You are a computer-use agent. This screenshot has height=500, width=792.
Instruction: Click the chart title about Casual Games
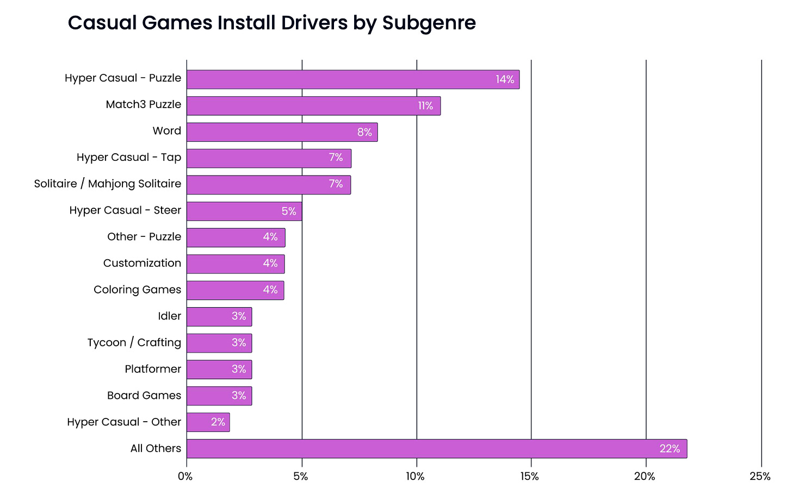pyautogui.click(x=271, y=23)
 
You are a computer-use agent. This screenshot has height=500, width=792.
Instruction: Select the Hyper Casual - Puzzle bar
pyautogui.click(x=352, y=79)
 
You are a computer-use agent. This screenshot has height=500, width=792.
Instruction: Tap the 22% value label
pyautogui.click(x=669, y=449)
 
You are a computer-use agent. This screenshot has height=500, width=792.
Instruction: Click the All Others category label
pyautogui.click(x=156, y=448)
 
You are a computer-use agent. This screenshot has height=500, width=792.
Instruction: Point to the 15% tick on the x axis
pyautogui.click(x=530, y=477)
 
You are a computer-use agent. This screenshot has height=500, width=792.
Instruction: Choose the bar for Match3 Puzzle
pyautogui.click(x=313, y=105)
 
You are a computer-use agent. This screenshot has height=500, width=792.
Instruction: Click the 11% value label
pyautogui.click(x=425, y=105)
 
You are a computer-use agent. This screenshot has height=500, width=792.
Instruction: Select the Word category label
pyautogui.click(x=166, y=131)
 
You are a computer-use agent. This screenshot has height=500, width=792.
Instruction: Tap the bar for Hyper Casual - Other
pyautogui.click(x=208, y=422)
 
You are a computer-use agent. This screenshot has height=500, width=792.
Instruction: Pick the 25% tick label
pyautogui.click(x=760, y=477)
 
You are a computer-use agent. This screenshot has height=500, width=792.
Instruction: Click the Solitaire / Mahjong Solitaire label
pyautogui.click(x=108, y=184)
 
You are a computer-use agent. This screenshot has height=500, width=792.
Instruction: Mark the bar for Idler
pyautogui.click(x=219, y=316)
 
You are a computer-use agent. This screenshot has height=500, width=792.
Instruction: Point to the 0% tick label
pyautogui.click(x=185, y=477)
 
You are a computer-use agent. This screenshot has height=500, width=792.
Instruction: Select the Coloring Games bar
pyautogui.click(x=235, y=290)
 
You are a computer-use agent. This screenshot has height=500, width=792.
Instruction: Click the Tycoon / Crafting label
pyautogui.click(x=134, y=342)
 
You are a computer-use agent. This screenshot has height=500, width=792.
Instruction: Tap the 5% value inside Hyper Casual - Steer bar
pyautogui.click(x=289, y=211)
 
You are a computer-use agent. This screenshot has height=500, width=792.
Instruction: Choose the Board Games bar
pyautogui.click(x=219, y=396)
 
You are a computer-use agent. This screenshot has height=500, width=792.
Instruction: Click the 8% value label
pyautogui.click(x=364, y=132)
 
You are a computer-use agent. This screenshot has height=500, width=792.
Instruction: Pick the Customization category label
pyautogui.click(x=142, y=263)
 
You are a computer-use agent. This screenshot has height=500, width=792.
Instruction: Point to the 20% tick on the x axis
pyautogui.click(x=645, y=477)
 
